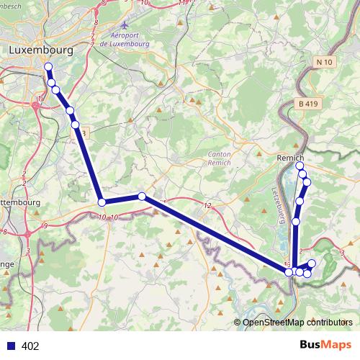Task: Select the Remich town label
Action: click(291, 158)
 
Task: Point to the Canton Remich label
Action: click(219, 159)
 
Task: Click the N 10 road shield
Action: click(325, 63)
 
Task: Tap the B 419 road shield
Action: click(307, 104)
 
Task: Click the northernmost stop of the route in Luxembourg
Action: click(48, 67)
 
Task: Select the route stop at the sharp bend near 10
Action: click(102, 202)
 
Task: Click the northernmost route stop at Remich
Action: click(300, 166)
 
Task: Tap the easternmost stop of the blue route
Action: click(312, 264)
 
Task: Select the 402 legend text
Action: click(30, 346)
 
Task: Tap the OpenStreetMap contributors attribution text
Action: click(297, 323)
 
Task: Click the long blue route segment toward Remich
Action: click(216, 234)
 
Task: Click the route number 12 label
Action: click(207, 207)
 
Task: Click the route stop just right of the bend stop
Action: click(142, 196)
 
